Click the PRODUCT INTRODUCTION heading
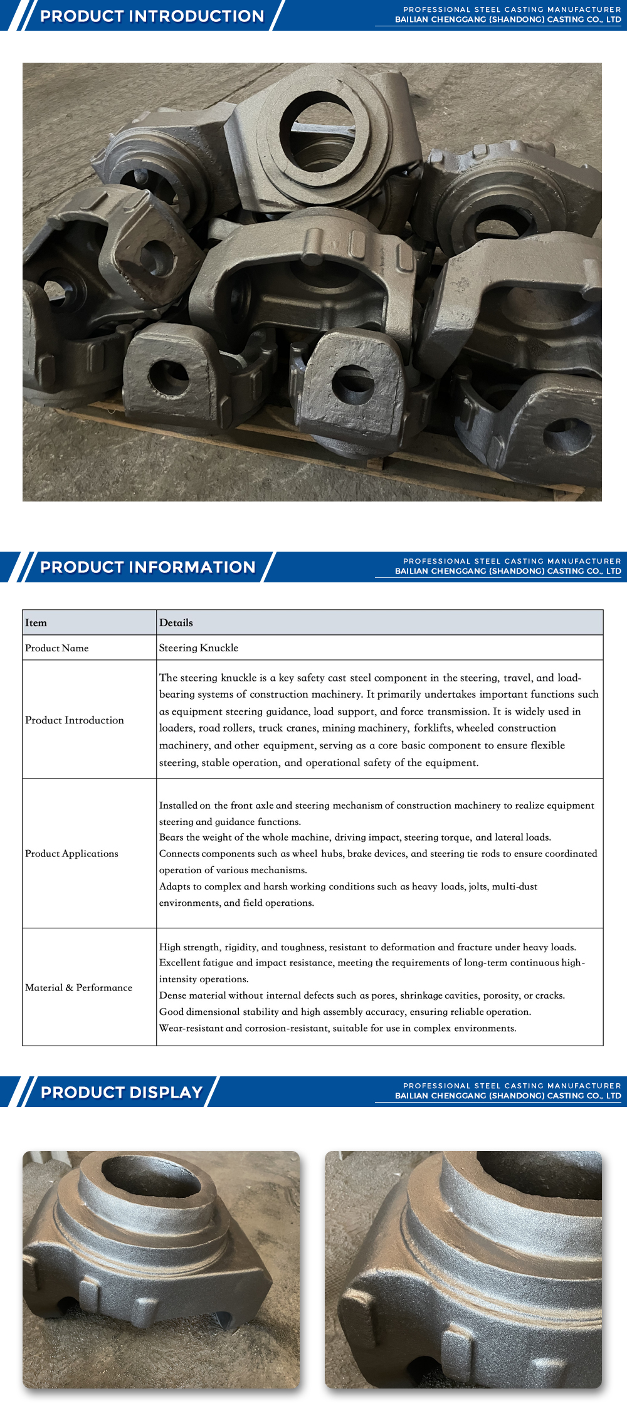(152, 16)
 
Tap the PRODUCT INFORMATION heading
(148, 567)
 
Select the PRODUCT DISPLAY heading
(122, 1093)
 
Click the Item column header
(36, 622)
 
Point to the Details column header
(176, 622)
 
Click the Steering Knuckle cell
(198, 648)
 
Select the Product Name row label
(56, 648)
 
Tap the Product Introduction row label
(74, 720)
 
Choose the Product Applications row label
(71, 854)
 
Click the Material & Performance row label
(78, 987)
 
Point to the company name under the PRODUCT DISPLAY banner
(508, 1096)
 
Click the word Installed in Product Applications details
(178, 806)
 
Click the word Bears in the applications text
(171, 837)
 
